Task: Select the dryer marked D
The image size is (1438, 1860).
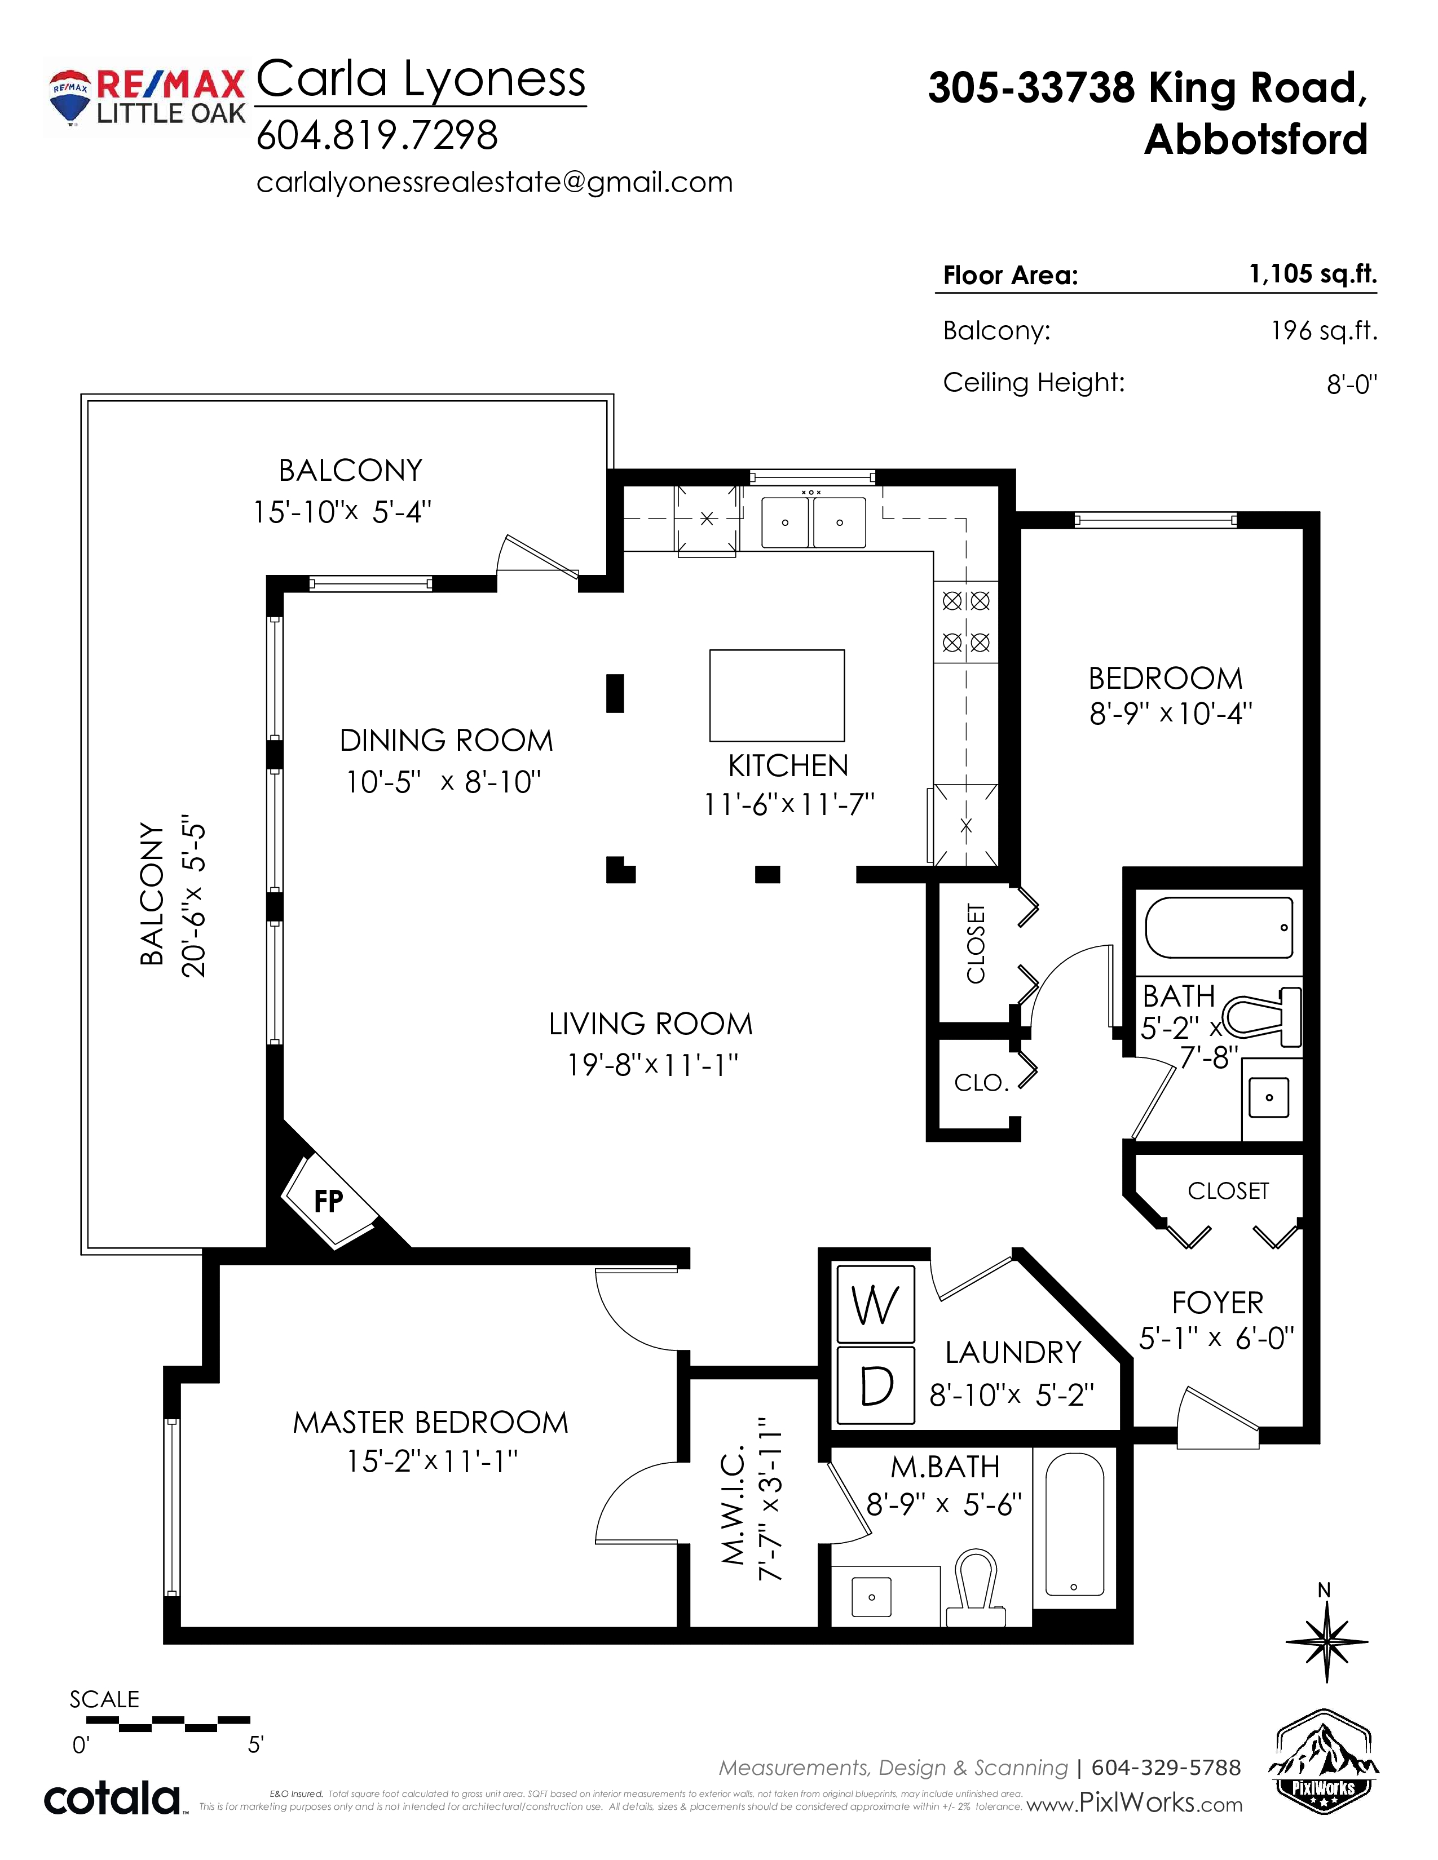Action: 876,1385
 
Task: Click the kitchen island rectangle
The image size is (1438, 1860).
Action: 777,696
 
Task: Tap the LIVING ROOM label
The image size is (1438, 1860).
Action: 651,1024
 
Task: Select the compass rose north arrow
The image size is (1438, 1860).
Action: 1326,1640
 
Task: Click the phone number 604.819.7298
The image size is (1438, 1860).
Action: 377,135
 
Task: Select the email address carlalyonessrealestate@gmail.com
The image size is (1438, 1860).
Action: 494,182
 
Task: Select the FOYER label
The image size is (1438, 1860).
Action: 1218,1303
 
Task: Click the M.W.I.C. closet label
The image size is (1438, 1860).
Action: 734,1505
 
